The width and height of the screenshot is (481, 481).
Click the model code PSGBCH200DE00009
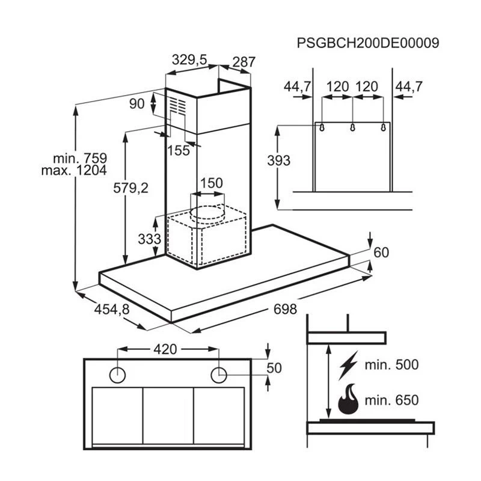click(x=368, y=43)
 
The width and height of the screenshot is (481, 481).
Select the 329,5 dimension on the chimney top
click(x=189, y=60)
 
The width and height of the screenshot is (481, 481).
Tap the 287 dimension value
click(x=244, y=61)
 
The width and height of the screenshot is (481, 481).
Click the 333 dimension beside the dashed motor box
click(x=150, y=239)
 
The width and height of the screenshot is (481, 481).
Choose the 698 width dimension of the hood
click(x=285, y=309)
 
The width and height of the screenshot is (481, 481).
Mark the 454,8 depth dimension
click(x=112, y=309)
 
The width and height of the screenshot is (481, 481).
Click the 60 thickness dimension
click(x=381, y=253)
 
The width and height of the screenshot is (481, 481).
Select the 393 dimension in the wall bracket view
click(x=279, y=161)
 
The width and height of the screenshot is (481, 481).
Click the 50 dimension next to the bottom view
click(x=274, y=367)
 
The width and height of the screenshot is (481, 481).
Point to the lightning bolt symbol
click(x=348, y=364)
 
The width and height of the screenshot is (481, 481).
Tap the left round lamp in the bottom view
click(x=118, y=375)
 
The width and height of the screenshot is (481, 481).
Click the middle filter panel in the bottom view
click(x=168, y=415)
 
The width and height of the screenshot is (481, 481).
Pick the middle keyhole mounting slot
click(x=352, y=127)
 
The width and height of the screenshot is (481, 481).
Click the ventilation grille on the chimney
click(x=178, y=107)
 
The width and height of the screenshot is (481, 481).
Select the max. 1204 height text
click(x=74, y=171)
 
